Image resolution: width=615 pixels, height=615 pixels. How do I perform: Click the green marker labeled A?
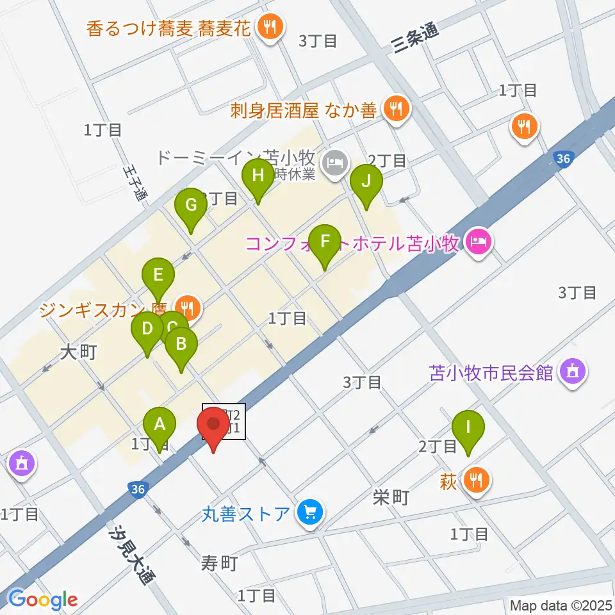point(160,424)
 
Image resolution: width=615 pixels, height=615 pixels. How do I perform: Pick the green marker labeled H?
point(258,176)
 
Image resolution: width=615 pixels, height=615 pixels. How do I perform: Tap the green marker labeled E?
point(158,275)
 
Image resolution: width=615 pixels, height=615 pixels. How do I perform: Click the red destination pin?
point(213,425)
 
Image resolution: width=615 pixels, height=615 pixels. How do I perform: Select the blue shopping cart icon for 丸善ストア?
point(311,512)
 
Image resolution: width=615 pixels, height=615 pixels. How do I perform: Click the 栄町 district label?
point(391,497)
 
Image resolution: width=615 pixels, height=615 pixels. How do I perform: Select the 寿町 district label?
point(220,563)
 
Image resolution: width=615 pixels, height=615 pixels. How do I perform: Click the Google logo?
point(43,600)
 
